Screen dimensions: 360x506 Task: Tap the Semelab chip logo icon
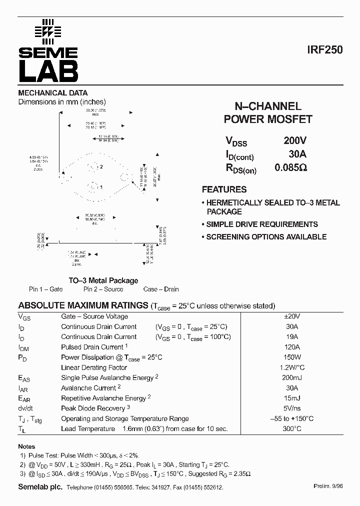point(48,31)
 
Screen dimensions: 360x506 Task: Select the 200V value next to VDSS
point(295,141)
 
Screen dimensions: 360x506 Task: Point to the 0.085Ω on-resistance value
point(290,168)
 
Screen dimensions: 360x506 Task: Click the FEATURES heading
point(224,189)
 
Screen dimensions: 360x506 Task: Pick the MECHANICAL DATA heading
point(53,93)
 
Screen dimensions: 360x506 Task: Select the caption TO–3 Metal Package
point(103,280)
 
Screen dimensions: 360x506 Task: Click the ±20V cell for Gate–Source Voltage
point(291,316)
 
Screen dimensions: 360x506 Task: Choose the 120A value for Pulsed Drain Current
point(291,347)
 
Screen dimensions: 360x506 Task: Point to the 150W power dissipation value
point(291,357)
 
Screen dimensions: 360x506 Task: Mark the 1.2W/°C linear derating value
point(291,367)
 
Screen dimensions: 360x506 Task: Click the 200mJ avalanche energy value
point(291,378)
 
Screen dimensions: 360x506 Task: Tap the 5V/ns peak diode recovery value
point(291,408)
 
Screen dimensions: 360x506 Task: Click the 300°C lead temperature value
point(291,429)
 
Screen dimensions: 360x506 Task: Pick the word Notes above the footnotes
point(27,446)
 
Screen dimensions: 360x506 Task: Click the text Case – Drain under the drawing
point(160,289)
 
